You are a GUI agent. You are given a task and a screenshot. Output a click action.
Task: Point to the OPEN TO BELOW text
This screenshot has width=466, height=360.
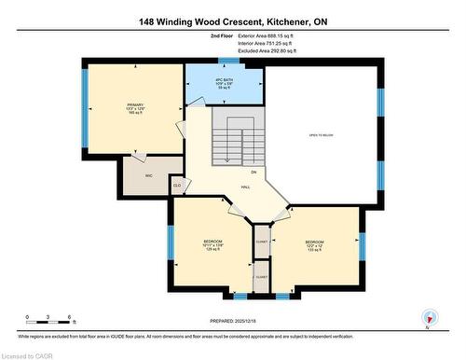[322, 136]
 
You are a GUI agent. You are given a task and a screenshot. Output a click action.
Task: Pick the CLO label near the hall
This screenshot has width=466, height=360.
[177, 185]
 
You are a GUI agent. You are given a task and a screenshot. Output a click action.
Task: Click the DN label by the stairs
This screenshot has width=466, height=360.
[253, 173]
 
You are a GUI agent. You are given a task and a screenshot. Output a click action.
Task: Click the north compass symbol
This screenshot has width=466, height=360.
[429, 317]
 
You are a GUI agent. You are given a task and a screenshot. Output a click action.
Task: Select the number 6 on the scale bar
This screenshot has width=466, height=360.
[71, 317]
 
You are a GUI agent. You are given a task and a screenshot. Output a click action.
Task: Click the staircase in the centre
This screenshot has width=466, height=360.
[232, 140]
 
